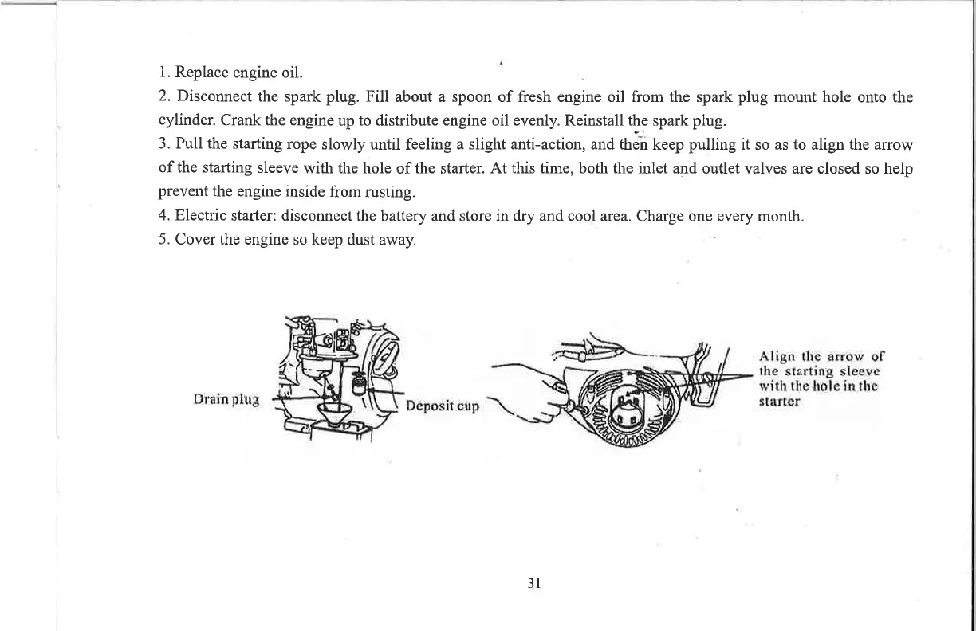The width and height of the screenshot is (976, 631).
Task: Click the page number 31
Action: pyautogui.click(x=535, y=582)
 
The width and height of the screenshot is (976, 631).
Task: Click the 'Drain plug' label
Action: pyautogui.click(x=227, y=399)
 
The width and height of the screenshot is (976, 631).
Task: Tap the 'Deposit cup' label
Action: pyautogui.click(x=443, y=406)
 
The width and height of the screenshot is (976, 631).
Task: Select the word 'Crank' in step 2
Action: pyautogui.click(x=237, y=121)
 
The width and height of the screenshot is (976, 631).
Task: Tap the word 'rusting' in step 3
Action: pyautogui.click(x=388, y=192)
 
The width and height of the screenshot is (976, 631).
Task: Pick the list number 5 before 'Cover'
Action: pyautogui.click(x=163, y=239)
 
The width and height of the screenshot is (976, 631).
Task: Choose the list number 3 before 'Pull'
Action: pyautogui.click(x=163, y=144)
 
